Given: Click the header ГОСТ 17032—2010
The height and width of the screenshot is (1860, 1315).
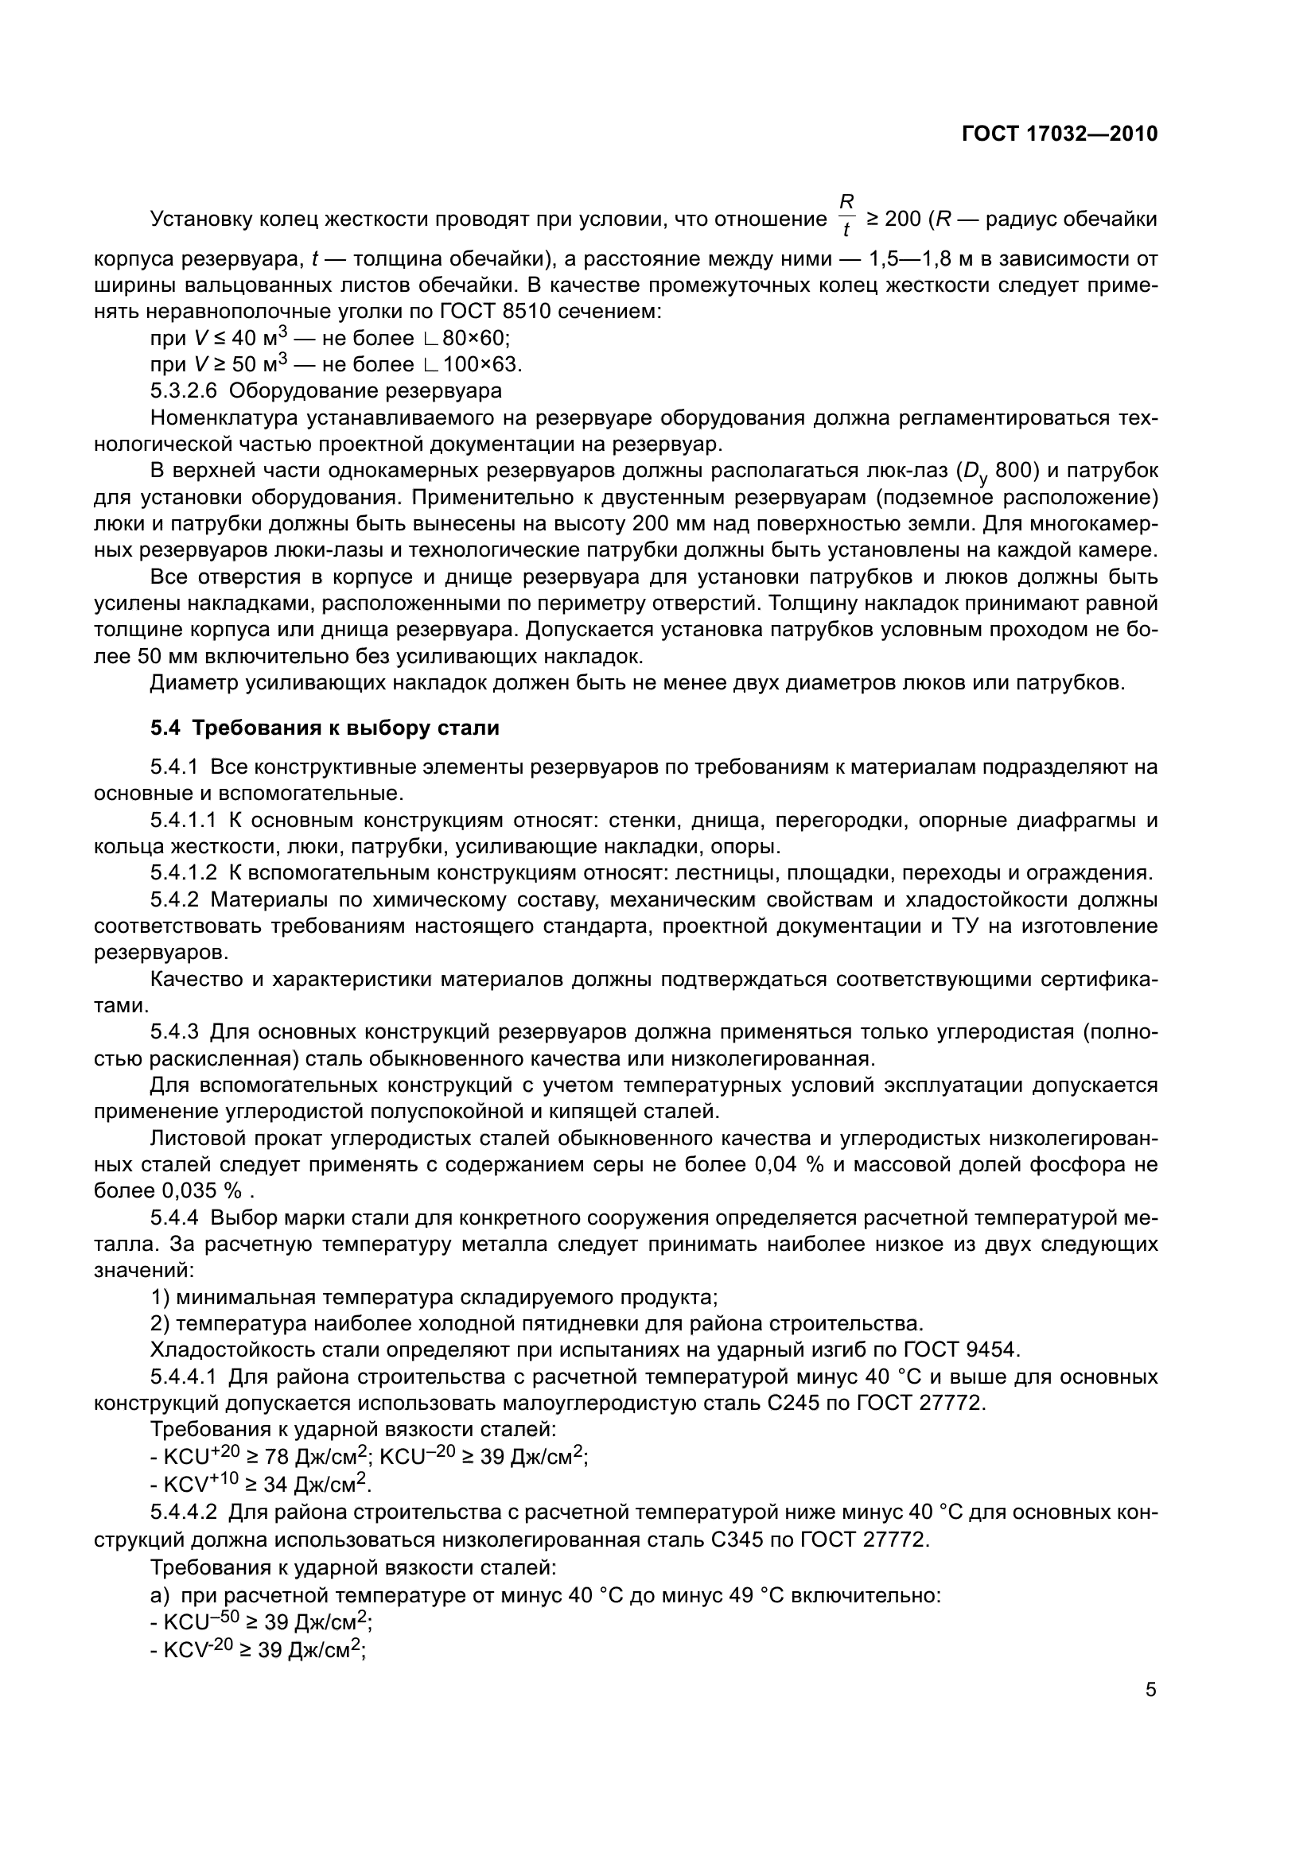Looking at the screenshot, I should pyautogui.click(x=1059, y=134).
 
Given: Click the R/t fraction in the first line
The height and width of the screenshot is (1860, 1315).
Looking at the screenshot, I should pyautogui.click(x=846, y=216).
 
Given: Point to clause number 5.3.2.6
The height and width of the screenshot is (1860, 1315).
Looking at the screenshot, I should pyautogui.click(x=184, y=391).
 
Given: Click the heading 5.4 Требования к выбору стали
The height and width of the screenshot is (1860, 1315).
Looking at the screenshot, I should pyautogui.click(x=324, y=728).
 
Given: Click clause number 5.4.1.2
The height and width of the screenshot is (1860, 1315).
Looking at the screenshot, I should pyautogui.click(x=184, y=872).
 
